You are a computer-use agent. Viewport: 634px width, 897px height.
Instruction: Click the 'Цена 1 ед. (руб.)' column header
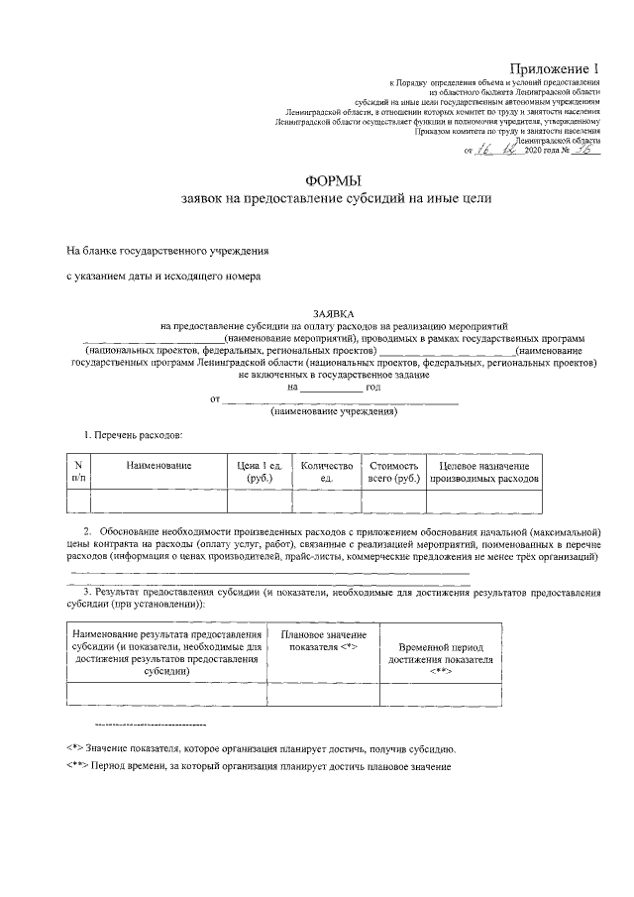pyautogui.click(x=260, y=471)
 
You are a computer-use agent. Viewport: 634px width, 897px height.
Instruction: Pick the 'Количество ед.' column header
pyautogui.click(x=326, y=471)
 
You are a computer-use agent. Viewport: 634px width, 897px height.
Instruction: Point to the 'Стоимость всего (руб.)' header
pyautogui.click(x=393, y=471)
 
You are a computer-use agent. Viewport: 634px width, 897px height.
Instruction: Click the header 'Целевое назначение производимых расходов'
pyautogui.click(x=484, y=471)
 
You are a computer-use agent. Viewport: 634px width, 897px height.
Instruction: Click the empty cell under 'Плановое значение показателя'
pyautogui.click(x=323, y=693)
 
